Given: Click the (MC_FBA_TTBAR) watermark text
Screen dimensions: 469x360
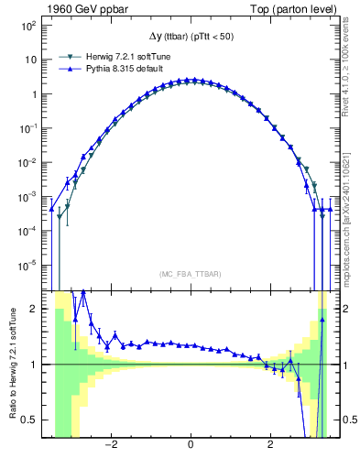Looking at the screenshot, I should point(190,274).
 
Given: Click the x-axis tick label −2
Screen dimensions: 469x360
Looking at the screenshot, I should point(111,446).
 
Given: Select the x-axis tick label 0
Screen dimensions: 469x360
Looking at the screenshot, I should point(190,446).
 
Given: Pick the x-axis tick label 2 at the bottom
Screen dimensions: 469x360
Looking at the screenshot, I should point(269,446).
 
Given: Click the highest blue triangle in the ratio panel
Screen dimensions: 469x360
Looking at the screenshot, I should point(83,292).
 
